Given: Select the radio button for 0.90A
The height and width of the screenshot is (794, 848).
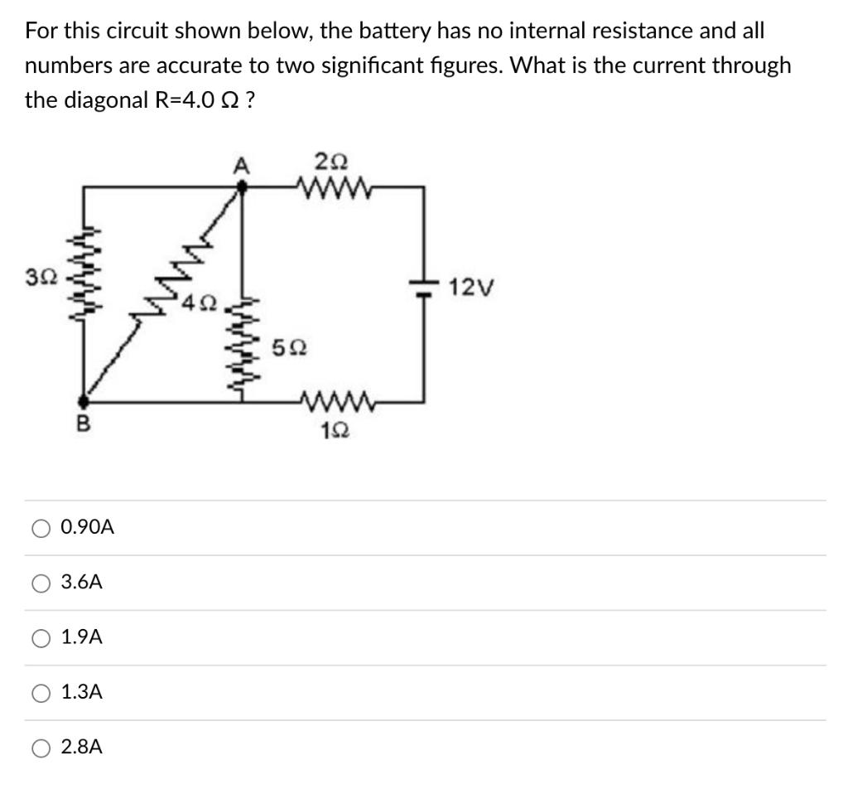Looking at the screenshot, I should coord(41,527).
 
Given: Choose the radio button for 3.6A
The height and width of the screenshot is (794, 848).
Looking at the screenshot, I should coord(41,583).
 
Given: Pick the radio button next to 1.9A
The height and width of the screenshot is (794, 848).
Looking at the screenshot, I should coord(41,637).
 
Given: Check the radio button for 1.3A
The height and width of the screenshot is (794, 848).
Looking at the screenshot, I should coord(41,692).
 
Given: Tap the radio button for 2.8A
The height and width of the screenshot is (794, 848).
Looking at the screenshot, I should coord(41,747).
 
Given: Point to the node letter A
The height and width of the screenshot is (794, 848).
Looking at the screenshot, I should coord(241,166).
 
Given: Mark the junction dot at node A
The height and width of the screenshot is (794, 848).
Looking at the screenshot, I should coord(242,188).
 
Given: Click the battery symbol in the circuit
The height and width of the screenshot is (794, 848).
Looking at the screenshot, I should coord(423,287).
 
